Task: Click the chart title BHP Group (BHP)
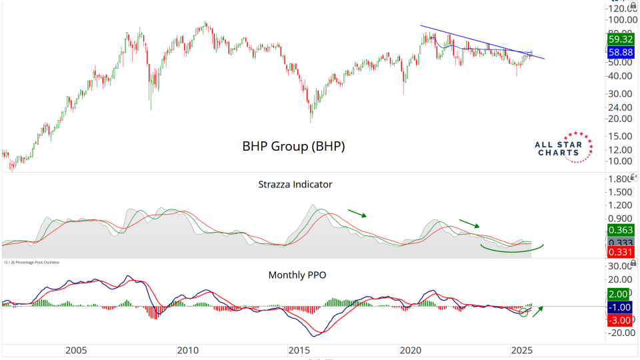(293, 147)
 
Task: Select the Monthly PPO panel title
(297, 275)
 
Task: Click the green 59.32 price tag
(621, 39)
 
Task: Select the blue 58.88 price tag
(621, 51)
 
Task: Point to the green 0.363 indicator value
(621, 230)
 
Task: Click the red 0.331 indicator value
(621, 253)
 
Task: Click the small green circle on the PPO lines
(525, 312)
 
